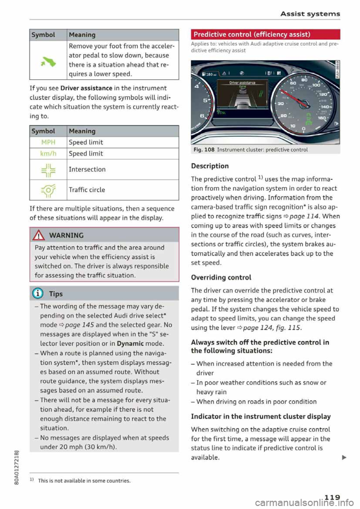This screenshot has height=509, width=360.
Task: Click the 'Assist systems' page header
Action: (310, 14)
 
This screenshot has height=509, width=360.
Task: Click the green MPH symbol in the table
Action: (48, 142)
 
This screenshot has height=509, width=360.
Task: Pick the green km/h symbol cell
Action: (48, 154)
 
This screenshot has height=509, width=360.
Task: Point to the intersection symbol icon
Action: (48, 170)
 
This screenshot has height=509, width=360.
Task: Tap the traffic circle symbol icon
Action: (48, 190)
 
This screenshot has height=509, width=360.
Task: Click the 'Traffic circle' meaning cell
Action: (87, 190)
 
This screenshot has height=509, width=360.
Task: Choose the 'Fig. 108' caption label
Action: (204, 150)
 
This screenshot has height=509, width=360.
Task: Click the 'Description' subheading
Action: (210, 166)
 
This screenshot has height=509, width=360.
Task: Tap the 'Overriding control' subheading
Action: (221, 278)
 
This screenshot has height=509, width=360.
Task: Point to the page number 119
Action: (332, 497)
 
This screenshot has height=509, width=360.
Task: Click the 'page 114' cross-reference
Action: (304, 216)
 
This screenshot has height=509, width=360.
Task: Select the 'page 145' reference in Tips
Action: (79, 325)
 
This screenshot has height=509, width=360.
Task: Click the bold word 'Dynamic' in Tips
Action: (130, 344)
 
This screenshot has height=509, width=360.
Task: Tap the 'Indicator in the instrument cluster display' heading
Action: (261, 416)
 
